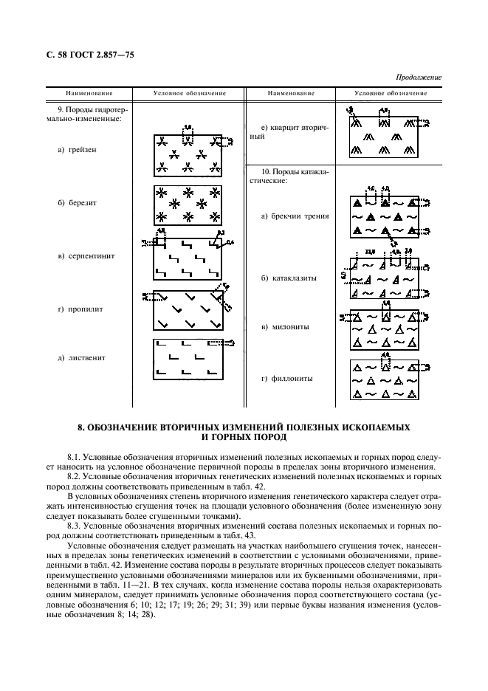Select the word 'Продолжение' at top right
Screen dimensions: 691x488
(419, 77)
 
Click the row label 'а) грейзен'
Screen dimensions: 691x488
(78, 150)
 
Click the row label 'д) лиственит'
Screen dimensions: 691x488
(81, 358)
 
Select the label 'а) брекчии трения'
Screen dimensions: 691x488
(295, 216)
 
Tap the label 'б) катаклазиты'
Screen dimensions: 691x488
(289, 278)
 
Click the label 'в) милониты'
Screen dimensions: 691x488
(284, 326)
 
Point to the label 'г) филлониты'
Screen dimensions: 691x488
(286, 379)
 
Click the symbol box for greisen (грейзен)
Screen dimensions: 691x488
(188, 154)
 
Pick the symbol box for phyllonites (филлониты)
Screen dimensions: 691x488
(382, 380)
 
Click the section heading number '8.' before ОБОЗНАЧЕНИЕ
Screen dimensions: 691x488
(83, 428)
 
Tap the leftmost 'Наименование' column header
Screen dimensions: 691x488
(89, 93)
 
